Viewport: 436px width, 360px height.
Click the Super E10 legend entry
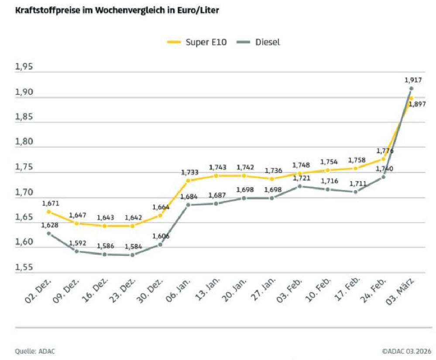197,42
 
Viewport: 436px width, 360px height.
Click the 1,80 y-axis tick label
24,142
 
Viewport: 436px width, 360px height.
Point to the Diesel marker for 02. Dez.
49,233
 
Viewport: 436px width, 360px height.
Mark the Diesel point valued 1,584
132,255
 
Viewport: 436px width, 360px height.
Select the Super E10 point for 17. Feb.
355,168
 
